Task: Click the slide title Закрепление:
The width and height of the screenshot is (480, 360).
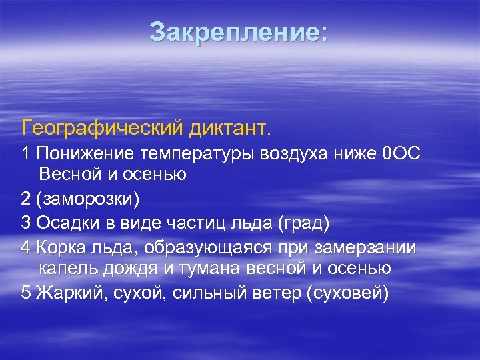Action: [x=239, y=33]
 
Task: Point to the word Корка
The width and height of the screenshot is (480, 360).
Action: [x=61, y=247]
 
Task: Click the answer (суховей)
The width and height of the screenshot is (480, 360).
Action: [x=347, y=293]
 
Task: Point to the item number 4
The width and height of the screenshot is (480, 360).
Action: [x=26, y=247]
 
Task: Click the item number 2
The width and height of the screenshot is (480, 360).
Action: [x=26, y=199]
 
